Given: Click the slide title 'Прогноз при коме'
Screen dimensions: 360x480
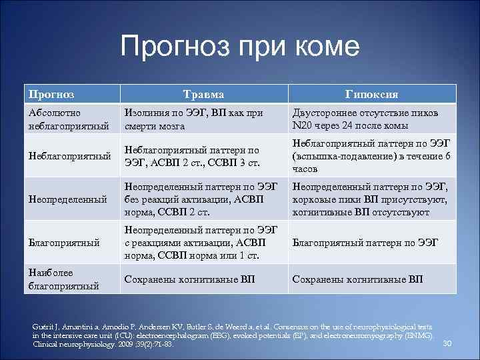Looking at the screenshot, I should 240,47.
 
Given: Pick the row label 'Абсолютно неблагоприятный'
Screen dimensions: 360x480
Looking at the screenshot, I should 59,119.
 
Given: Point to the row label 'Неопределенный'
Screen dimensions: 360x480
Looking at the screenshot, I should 67,199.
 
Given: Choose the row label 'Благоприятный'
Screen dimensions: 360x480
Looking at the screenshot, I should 63,243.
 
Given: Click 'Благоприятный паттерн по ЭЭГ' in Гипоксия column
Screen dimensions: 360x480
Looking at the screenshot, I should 365,243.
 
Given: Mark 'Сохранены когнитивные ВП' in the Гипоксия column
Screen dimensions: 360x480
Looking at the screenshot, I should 357,279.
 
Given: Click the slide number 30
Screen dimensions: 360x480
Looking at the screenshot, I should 447,343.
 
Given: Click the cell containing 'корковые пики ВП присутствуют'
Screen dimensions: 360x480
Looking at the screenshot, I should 370,199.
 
